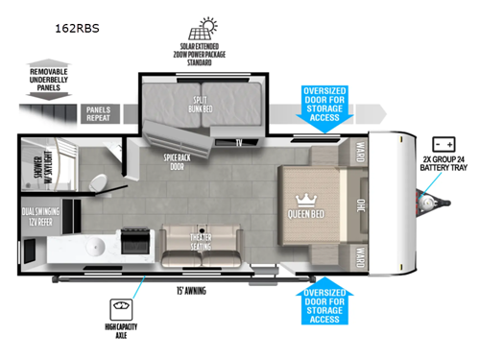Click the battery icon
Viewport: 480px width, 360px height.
[x=445, y=142]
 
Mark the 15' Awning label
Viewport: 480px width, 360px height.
[x=192, y=290]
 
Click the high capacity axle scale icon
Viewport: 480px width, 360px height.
[x=121, y=309]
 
